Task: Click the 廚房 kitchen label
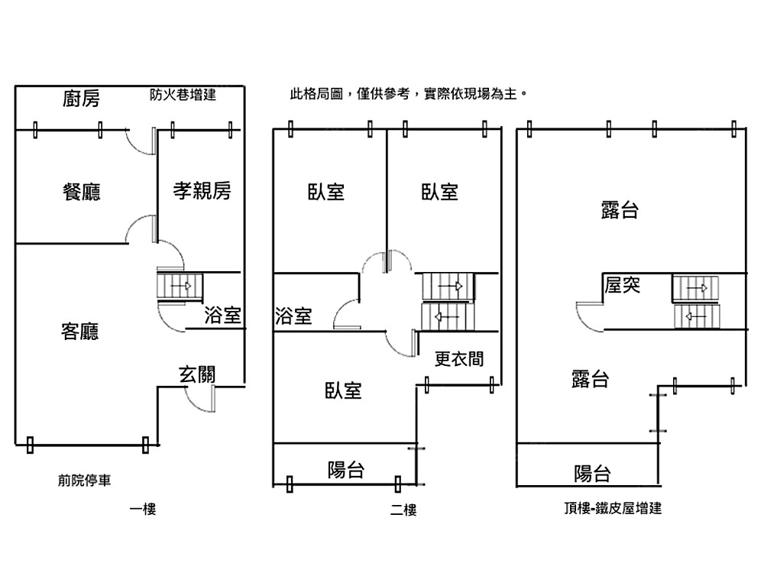coord(81,99)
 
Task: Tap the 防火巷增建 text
coord(183,95)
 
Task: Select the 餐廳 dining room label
coord(81,191)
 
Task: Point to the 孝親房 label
coord(201,191)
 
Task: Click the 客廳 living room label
coord(79,332)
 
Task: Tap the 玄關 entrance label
coord(196,374)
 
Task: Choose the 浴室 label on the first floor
coord(222,315)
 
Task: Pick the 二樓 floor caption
coord(403,510)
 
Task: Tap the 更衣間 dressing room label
coord(458,358)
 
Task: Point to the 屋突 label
coord(622,285)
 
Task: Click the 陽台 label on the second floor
coord(345,470)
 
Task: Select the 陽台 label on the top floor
coord(592,474)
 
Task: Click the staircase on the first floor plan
coord(180,286)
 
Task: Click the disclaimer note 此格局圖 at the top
coord(408,95)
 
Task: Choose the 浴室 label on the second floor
coord(293,316)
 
